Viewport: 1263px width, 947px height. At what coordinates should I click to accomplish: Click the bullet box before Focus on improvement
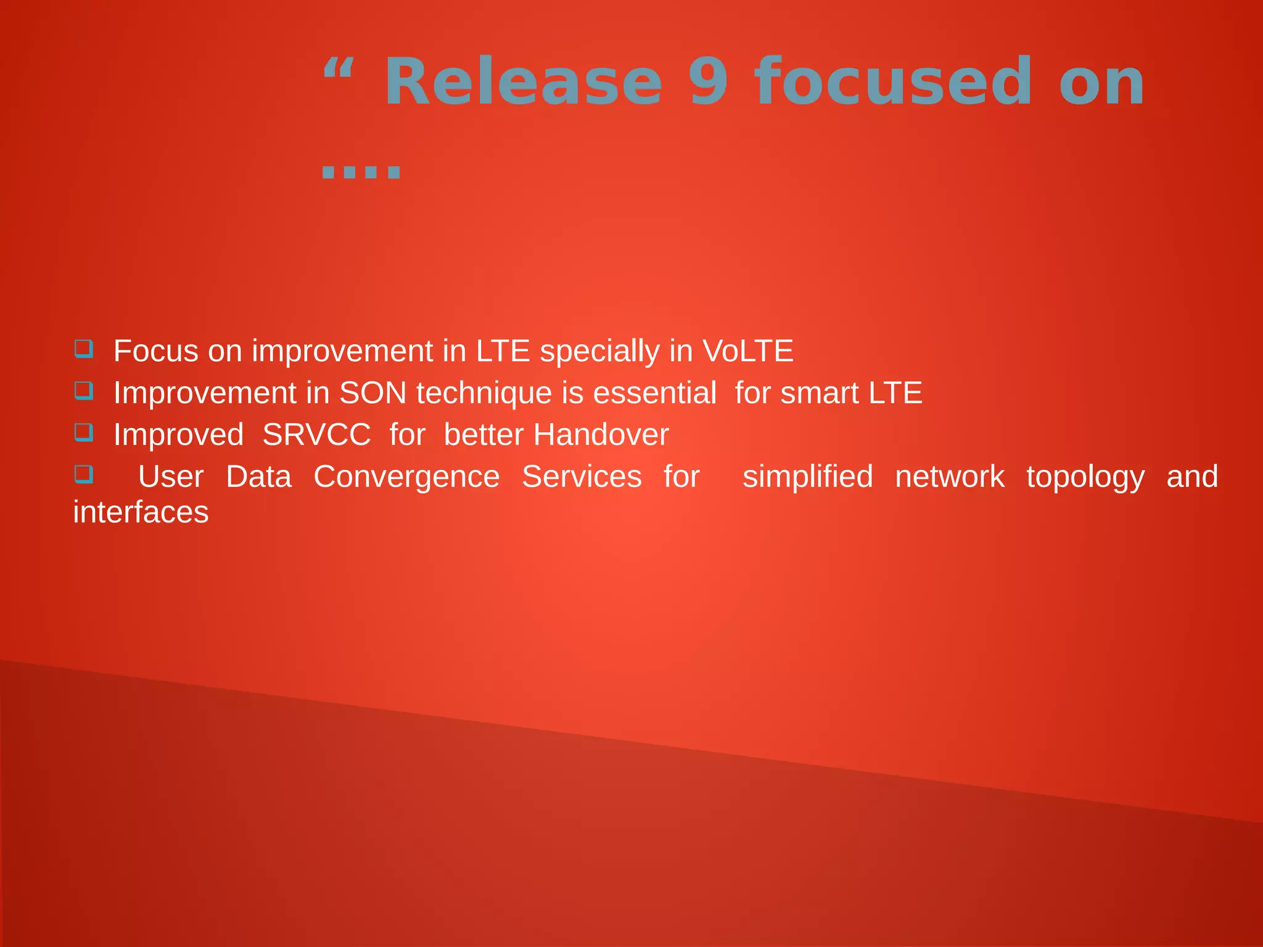(x=84, y=349)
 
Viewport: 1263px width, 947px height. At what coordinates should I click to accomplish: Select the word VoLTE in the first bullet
(x=747, y=351)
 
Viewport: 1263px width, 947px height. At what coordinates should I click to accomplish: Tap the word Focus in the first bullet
(x=156, y=351)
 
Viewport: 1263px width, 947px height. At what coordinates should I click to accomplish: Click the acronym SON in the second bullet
(x=372, y=393)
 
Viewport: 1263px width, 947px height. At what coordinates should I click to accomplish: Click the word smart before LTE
(x=820, y=393)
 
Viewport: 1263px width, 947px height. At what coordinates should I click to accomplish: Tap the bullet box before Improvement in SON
(x=84, y=391)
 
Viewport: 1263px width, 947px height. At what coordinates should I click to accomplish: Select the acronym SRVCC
(x=316, y=435)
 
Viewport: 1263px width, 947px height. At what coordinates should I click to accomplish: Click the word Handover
(x=601, y=435)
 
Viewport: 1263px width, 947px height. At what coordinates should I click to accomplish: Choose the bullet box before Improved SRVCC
(x=84, y=433)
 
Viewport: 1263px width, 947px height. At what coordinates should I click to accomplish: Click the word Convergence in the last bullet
(x=406, y=477)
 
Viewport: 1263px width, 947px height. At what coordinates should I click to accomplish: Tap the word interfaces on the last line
(x=141, y=513)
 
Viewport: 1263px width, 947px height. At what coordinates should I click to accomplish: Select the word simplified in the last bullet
(x=807, y=477)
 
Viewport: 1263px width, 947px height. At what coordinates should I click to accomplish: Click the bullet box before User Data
(x=84, y=475)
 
